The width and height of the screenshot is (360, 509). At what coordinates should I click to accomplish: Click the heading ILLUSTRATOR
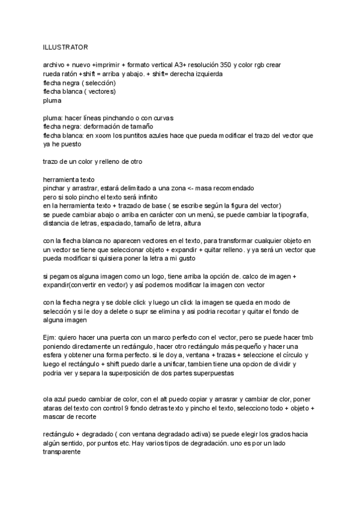(x=65, y=46)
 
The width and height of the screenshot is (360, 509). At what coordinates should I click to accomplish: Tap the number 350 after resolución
(x=223, y=65)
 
